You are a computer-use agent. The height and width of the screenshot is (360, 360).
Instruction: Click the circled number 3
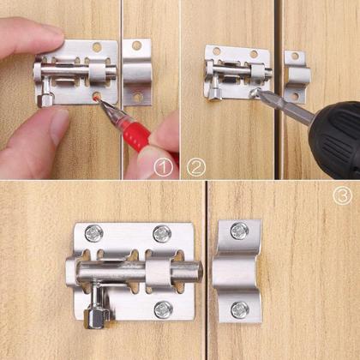coord(343,195)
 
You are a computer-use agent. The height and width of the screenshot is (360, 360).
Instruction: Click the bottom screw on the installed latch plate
coord(162,308)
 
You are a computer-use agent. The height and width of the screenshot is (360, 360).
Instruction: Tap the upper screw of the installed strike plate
coord(239,231)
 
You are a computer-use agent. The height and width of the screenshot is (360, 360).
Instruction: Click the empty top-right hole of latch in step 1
coord(97,47)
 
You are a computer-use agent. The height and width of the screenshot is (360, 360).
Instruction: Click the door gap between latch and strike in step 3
coord(207,257)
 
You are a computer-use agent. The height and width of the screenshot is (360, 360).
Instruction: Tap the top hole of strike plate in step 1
coord(136,45)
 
